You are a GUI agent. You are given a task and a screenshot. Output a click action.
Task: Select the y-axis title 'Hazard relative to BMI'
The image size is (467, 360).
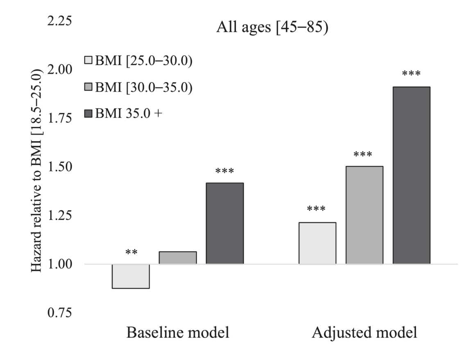click(x=36, y=170)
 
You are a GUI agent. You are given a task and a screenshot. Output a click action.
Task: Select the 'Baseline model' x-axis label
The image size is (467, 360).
click(x=177, y=333)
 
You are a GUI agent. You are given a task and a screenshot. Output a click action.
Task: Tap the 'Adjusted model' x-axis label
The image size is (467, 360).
click(x=365, y=333)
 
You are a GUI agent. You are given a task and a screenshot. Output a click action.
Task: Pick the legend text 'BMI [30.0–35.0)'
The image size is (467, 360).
click(x=143, y=87)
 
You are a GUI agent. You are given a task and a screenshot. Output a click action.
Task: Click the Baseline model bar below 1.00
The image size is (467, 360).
click(x=131, y=276)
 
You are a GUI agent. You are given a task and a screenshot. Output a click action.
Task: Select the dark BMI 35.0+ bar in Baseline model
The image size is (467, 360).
click(x=224, y=223)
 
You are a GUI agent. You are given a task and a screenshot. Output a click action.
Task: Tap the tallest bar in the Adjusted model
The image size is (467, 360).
click(x=411, y=175)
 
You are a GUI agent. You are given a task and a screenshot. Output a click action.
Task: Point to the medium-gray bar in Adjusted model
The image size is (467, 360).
click(x=365, y=215)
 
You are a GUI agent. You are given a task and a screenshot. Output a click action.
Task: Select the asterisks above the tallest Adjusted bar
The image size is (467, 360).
click(x=411, y=74)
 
